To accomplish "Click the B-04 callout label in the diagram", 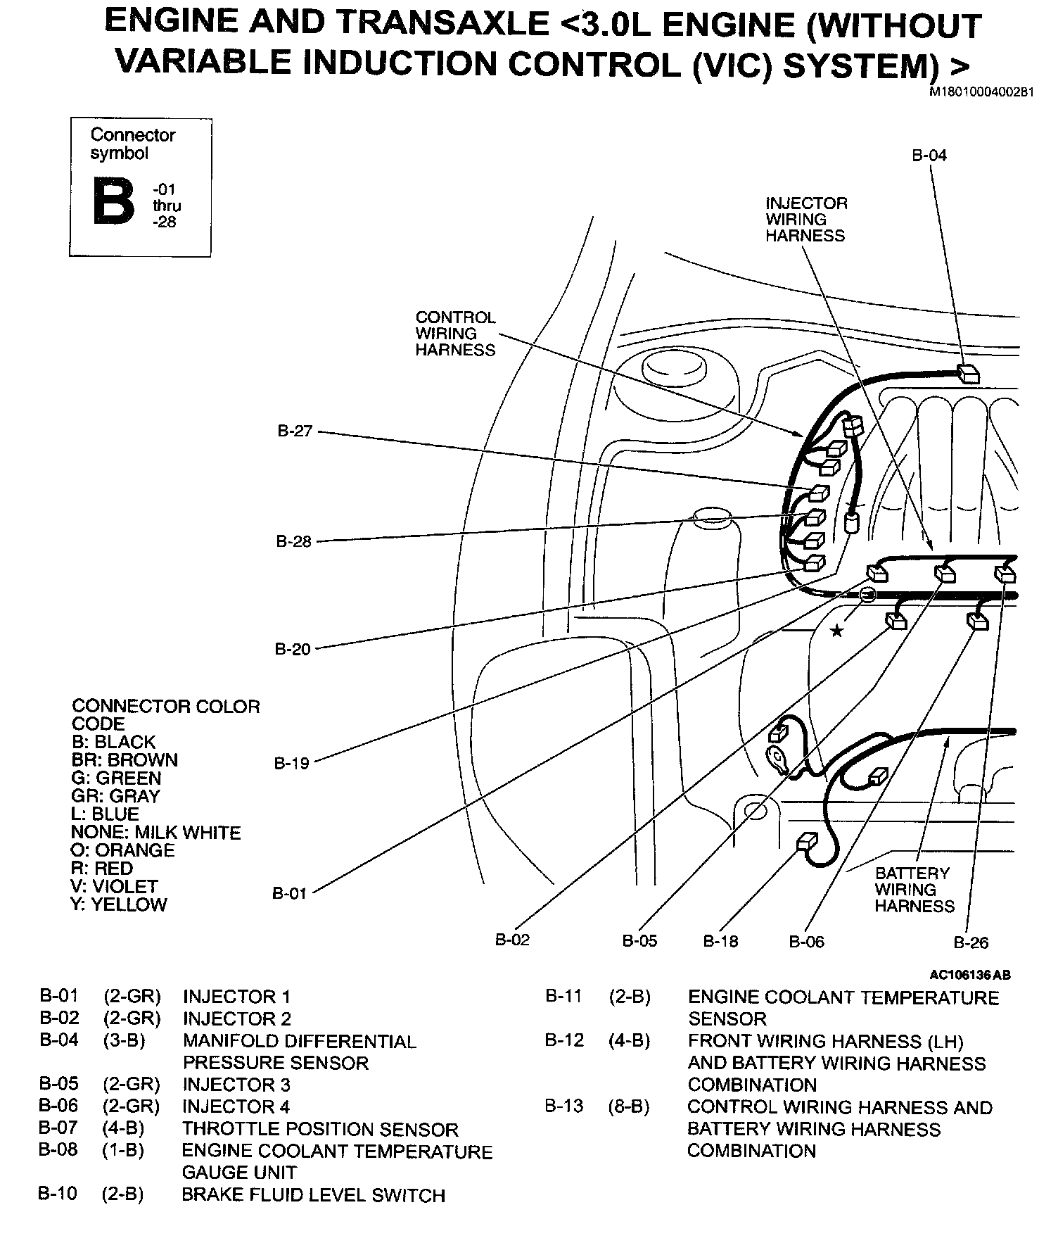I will (x=929, y=156).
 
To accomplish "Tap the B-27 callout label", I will (x=294, y=431).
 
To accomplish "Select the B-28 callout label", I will (x=293, y=541).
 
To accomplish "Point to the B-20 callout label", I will (x=292, y=649).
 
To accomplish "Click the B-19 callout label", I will (x=291, y=763).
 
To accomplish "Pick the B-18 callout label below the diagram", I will (x=720, y=941).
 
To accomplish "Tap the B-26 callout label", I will (x=971, y=942).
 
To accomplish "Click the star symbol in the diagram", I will (x=836, y=631).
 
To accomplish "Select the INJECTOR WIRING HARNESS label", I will (x=806, y=220).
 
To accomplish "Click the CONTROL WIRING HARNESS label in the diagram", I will (x=455, y=334).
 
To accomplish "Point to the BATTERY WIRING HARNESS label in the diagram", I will (x=914, y=889).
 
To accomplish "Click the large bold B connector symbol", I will (x=113, y=201).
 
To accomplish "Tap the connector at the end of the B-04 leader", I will (x=969, y=374).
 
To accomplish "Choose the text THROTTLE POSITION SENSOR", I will (x=320, y=1130).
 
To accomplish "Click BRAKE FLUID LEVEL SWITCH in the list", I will (x=313, y=1196).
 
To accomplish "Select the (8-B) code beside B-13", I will (x=629, y=1107).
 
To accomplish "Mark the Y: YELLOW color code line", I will (x=119, y=904).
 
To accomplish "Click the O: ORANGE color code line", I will (x=122, y=850).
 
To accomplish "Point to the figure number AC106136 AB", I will (x=969, y=976).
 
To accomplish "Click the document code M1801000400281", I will (x=981, y=92).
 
